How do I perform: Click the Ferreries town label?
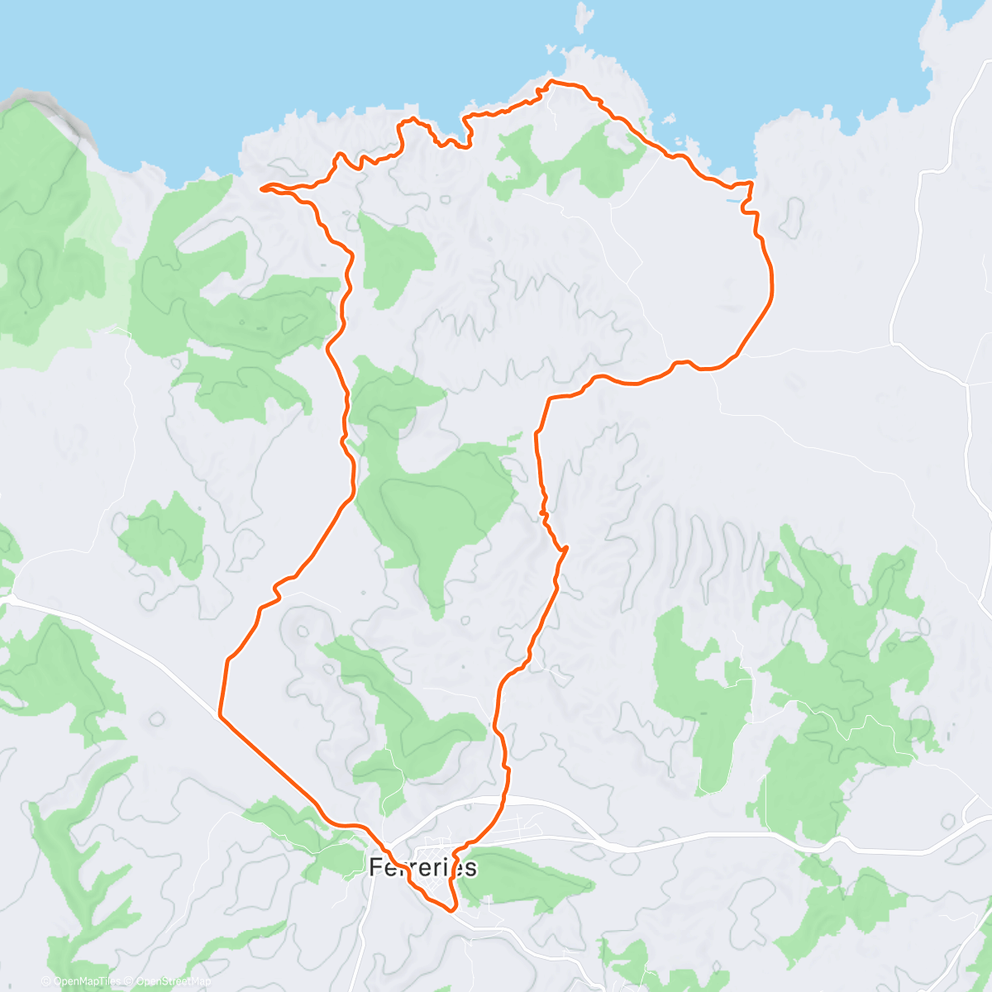coord(422,867)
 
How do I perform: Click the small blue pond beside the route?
coord(733,200)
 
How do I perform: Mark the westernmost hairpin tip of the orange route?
coord(262,189)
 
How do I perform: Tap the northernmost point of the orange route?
coord(552,82)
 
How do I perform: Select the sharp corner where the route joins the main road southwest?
coord(220,714)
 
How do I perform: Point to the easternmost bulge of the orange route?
coord(773,285)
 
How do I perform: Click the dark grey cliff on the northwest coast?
coord(50,112)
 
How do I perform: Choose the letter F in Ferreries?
coord(375,867)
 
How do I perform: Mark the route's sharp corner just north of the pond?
coord(751,183)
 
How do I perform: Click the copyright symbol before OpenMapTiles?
coord(47,981)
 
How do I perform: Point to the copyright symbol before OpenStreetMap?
coord(129,981)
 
